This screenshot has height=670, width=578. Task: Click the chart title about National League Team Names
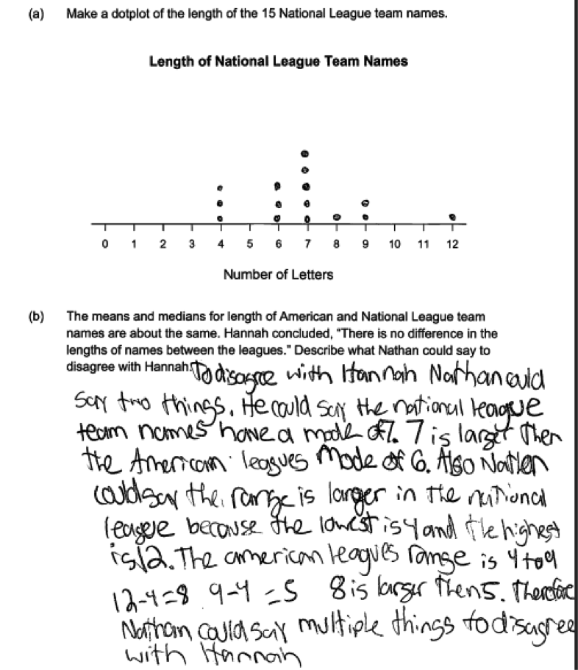(x=278, y=62)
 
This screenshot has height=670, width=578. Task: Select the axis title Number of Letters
(x=278, y=275)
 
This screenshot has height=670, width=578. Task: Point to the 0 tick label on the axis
(x=104, y=243)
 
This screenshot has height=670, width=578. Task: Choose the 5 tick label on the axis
(x=249, y=243)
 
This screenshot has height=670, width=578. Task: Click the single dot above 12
(x=453, y=217)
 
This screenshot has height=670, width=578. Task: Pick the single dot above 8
(x=336, y=217)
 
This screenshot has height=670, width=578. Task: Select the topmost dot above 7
(x=307, y=154)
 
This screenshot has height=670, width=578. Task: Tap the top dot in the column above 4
(x=220, y=189)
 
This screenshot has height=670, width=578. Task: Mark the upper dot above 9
(x=365, y=202)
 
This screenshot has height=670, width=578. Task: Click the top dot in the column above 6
(x=277, y=185)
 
